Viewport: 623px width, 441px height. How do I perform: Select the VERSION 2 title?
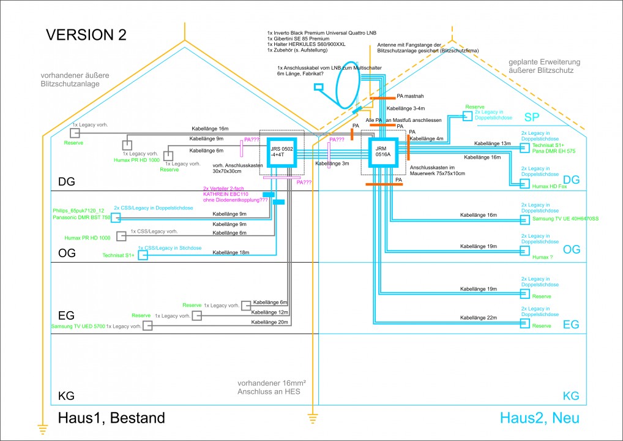pos(86,35)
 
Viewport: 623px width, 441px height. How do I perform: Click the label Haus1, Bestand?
pos(111,418)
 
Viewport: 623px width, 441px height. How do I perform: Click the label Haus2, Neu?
pos(539,418)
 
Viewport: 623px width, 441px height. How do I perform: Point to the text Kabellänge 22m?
pos(478,317)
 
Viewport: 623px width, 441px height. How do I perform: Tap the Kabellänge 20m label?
pos(269,322)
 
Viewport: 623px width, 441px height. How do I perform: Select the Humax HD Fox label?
pos(550,186)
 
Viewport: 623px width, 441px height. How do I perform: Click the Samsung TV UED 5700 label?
pos(78,326)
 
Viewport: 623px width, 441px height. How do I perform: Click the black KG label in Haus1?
pos(65,396)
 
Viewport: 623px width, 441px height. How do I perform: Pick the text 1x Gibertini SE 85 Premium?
pos(297,39)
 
